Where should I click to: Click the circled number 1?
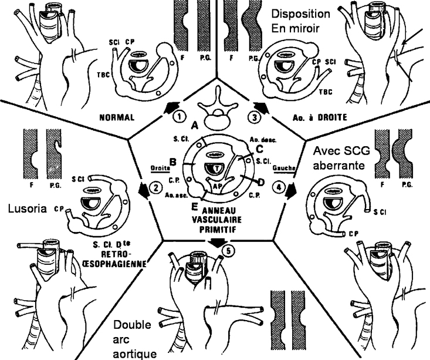point(181,116)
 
